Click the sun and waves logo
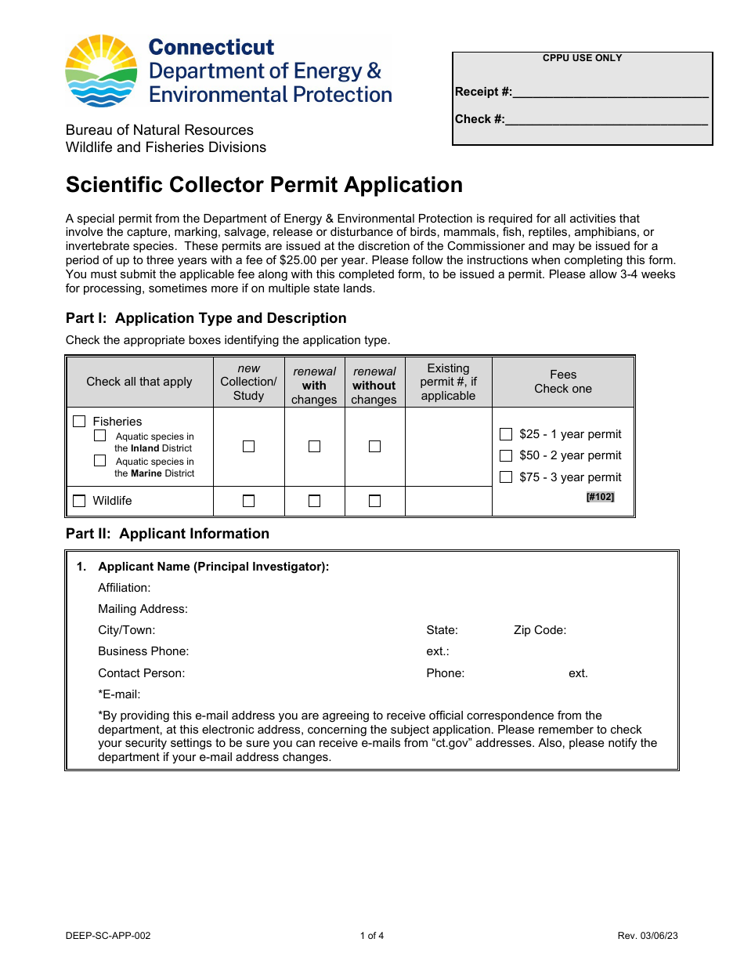103,71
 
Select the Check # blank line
606,120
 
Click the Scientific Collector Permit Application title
264,185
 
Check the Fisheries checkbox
79,422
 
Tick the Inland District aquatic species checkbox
100,436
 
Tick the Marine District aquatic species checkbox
100,461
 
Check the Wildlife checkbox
79,501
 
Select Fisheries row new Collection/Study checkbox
248,446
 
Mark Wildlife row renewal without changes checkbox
374,501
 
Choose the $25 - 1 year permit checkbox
506,434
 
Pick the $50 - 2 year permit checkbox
506,455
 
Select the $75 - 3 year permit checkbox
506,477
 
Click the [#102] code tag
600,497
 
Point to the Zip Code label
540,630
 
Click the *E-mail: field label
119,694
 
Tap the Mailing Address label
143,609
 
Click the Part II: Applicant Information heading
168,534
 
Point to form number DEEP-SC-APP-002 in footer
108,936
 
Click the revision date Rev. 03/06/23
647,936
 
